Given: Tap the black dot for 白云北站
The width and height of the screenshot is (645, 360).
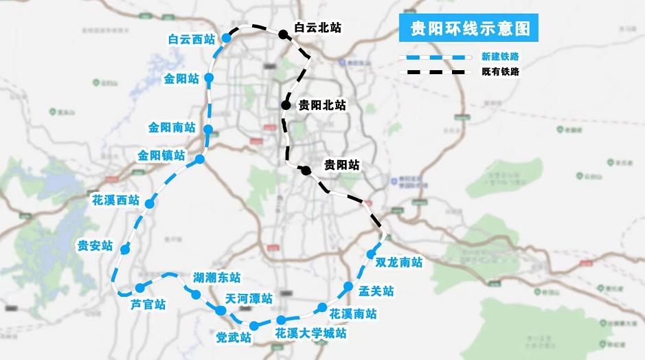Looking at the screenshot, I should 282,34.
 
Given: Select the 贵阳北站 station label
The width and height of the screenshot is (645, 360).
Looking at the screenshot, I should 322,105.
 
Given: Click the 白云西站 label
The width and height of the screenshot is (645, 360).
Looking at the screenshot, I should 192,40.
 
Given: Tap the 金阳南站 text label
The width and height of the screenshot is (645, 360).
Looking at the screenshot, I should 172,128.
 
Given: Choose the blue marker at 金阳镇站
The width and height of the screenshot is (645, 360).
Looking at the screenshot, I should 200,159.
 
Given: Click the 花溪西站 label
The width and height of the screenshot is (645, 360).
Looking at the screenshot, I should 115,201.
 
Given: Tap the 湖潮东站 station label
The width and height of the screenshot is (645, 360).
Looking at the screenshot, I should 216,278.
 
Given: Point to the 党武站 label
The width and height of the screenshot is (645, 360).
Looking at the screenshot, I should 233,337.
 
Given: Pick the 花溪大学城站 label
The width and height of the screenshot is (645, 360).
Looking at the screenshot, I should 310,334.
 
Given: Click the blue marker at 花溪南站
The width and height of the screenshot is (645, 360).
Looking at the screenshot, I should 322,308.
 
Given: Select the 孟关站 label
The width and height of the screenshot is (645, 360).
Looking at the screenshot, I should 376,291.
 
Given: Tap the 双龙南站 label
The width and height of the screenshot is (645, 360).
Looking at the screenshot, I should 399,262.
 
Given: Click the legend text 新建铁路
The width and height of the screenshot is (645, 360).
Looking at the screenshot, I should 500,57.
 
